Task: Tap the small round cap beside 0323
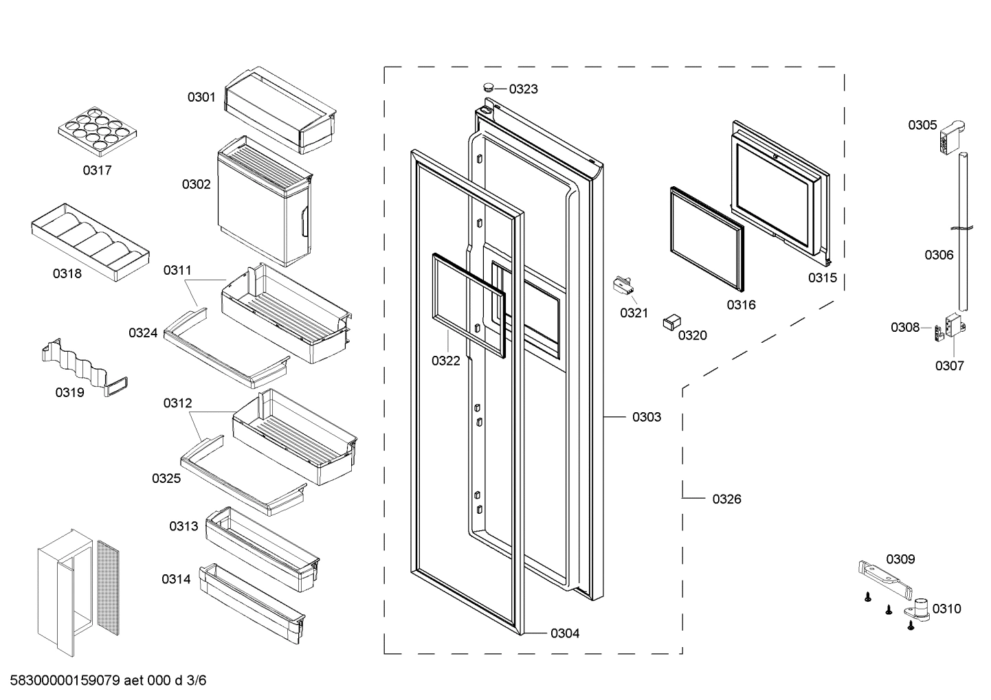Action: (488, 87)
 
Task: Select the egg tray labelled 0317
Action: (94, 129)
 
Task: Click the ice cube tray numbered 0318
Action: (89, 241)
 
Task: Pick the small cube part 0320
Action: (671, 322)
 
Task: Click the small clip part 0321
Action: (623, 286)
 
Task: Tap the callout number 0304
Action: (564, 633)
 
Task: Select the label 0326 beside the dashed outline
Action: (726, 499)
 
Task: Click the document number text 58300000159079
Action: (65, 681)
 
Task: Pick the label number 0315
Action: (822, 278)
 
